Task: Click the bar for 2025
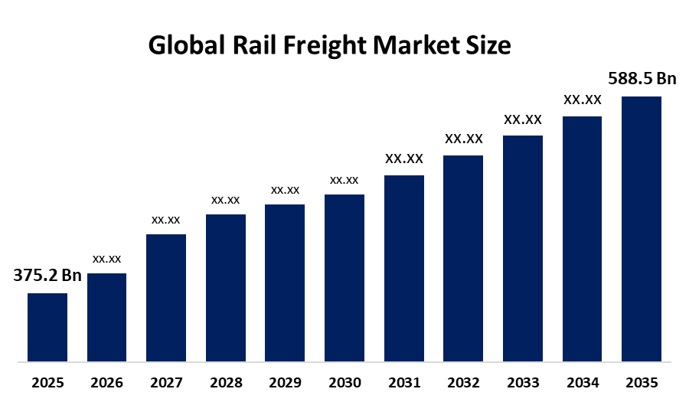tap(47, 327)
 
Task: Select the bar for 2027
tap(166, 298)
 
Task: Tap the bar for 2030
tap(344, 278)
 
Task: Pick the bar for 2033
tap(523, 249)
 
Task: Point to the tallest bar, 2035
tap(642, 229)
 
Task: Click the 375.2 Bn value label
tap(47, 276)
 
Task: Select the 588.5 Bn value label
tap(642, 79)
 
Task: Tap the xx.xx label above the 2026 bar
tap(106, 260)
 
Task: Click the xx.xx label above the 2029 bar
tap(286, 190)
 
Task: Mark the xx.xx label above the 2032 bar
tap(464, 139)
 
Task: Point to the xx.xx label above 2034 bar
tap(583, 100)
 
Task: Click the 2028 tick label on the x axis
tap(226, 383)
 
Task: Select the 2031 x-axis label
tap(404, 383)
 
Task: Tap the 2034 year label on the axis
tap(583, 383)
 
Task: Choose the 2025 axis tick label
tap(47, 383)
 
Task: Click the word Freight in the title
tap(325, 46)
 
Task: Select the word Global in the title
tap(187, 45)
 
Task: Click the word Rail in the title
tap(254, 45)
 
